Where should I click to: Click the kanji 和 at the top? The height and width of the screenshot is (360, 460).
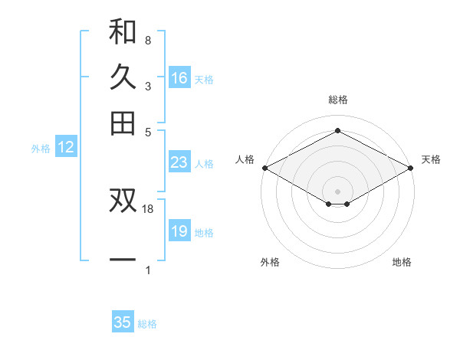pos(123,31)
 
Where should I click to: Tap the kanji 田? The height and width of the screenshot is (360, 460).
pos(123,123)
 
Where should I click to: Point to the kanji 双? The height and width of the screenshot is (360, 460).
pos(123,201)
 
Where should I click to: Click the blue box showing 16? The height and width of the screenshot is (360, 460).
pos(179,78)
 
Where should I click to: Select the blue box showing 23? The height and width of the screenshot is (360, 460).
pos(179,162)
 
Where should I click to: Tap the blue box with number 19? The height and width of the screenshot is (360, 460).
pos(179,231)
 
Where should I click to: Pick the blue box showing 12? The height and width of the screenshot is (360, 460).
pos(66,148)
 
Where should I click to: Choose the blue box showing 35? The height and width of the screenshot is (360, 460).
pos(123,322)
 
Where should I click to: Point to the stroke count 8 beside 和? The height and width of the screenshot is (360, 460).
pos(147,40)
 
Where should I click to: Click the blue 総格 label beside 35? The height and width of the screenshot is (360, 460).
pos(147,324)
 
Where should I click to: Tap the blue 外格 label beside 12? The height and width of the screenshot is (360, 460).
pos(41,149)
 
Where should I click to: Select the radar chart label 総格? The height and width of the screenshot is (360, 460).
pos(337,100)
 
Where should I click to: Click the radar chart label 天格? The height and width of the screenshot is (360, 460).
pos(431,159)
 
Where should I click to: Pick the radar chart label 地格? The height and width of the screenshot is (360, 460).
pos(402,262)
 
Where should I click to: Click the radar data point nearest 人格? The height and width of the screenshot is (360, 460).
pos(264,167)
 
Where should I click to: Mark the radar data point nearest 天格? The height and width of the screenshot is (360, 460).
pos(412,168)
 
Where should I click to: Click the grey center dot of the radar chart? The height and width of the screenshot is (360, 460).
pos(337,190)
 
